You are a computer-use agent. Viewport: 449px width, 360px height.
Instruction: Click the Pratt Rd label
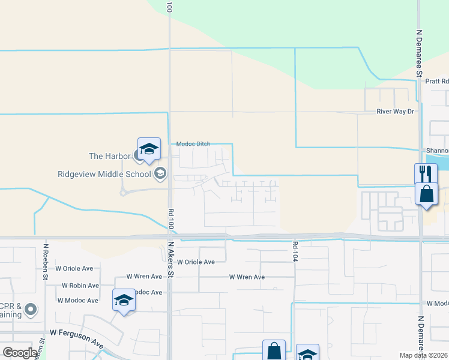click(x=436, y=81)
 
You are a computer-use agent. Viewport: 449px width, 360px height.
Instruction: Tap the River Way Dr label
click(x=395, y=112)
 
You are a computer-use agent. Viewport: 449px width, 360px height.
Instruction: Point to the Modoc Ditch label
click(x=193, y=144)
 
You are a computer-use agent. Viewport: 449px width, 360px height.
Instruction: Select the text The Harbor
click(x=109, y=156)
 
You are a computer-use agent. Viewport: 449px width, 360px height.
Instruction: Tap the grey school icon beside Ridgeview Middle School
click(x=160, y=175)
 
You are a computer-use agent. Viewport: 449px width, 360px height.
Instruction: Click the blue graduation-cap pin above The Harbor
click(x=149, y=149)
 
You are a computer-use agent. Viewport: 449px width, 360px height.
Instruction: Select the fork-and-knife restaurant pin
click(x=425, y=173)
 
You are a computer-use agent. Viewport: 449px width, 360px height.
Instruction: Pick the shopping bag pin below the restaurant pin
click(x=426, y=194)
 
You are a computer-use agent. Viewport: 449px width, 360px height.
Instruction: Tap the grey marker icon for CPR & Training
click(x=31, y=310)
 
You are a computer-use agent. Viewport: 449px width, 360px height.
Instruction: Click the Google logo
click(x=20, y=352)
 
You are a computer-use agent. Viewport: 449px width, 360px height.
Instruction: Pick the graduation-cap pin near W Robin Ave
click(x=124, y=299)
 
